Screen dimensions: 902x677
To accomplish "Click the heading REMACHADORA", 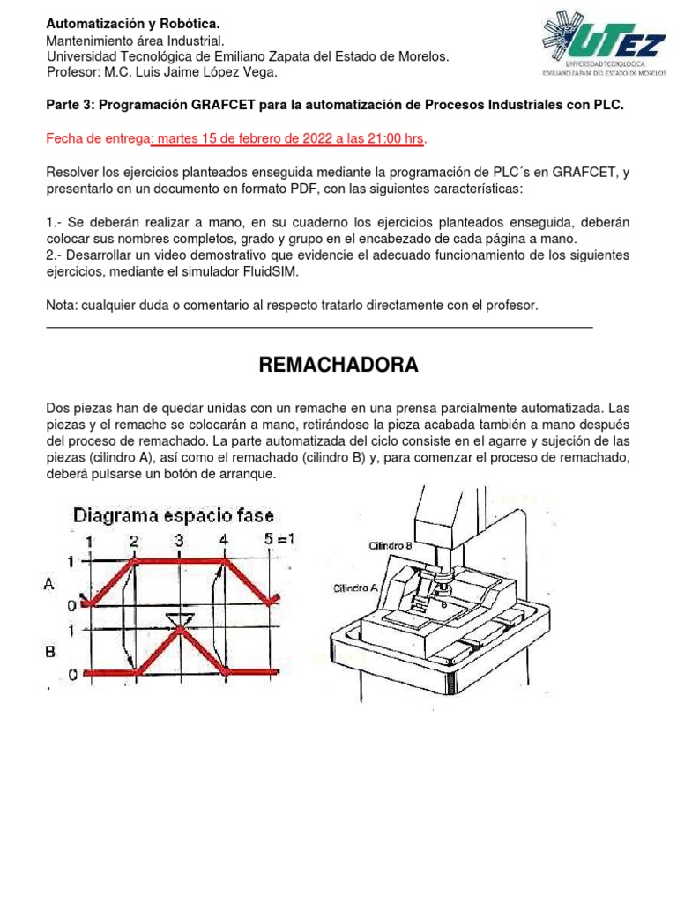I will (x=338, y=365).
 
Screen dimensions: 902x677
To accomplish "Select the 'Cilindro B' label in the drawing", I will (x=390, y=546).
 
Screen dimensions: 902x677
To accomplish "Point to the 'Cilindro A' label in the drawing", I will (x=355, y=588).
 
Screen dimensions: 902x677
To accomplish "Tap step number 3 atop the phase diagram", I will (x=179, y=540).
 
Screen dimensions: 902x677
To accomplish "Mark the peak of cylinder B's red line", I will (x=181, y=629).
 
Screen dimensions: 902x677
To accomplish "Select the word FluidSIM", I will (x=269, y=272).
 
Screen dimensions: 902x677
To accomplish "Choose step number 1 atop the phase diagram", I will (x=87, y=540).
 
